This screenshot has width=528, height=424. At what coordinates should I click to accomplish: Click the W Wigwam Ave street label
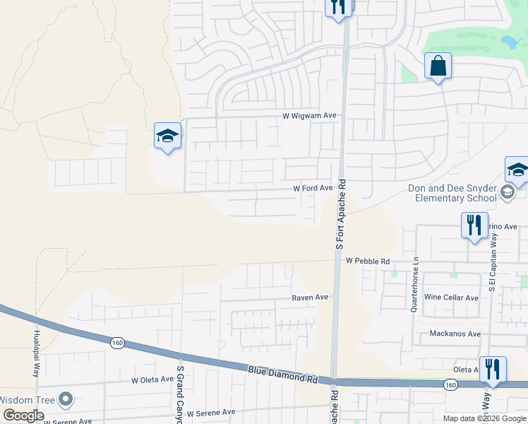point(310,115)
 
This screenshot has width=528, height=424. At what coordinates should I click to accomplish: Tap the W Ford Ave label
point(313,188)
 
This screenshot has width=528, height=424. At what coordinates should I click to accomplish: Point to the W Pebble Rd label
point(368,261)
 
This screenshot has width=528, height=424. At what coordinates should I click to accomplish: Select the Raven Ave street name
point(310,298)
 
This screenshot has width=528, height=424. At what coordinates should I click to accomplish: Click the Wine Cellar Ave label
point(451,298)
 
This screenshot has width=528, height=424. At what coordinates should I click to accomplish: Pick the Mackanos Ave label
point(455,334)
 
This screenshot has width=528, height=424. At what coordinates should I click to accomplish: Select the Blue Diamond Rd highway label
point(282,374)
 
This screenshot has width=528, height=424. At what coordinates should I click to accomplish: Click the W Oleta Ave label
point(152,379)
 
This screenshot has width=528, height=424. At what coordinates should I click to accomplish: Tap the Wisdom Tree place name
point(26,400)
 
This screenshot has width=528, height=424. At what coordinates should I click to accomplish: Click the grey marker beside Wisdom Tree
point(66,400)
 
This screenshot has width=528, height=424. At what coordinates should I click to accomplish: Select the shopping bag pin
point(438,66)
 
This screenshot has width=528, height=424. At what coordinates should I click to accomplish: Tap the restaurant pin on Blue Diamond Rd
point(493,370)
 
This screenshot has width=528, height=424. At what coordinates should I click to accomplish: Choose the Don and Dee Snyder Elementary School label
point(452,193)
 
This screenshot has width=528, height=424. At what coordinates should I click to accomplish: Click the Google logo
point(23,416)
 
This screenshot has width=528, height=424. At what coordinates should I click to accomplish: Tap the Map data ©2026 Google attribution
point(485,418)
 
